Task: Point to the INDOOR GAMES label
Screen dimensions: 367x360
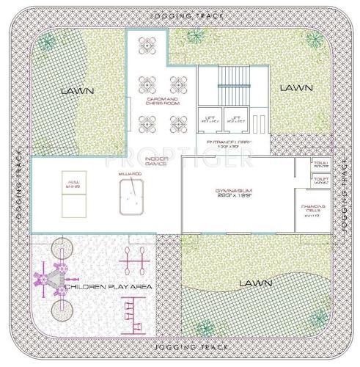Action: click(x=156, y=161)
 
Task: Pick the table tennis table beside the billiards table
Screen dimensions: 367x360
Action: click(x=73, y=196)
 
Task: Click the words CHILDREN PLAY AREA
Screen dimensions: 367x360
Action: click(x=109, y=288)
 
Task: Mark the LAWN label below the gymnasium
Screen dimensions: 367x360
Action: click(x=254, y=283)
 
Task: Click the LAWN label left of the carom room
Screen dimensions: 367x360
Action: click(x=76, y=91)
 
